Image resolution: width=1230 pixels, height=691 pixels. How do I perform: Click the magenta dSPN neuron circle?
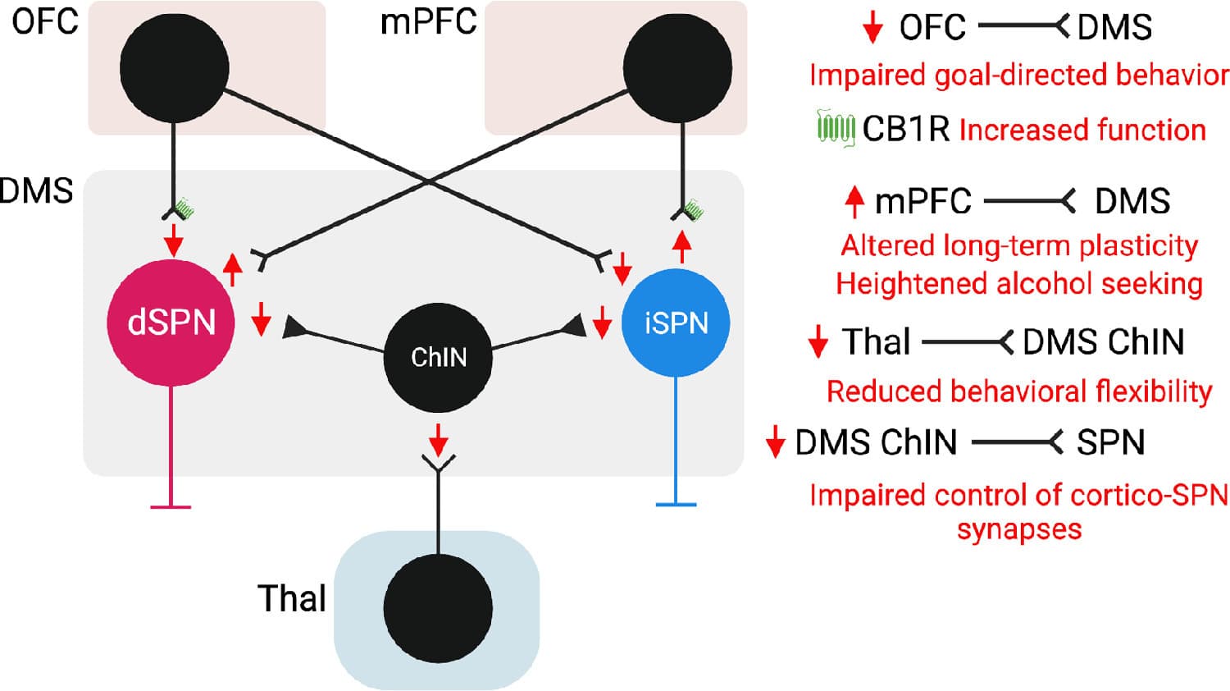(x=171, y=322)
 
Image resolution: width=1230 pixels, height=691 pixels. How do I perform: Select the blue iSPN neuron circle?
(x=676, y=323)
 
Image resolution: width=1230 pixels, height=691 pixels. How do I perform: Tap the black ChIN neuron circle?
(x=438, y=358)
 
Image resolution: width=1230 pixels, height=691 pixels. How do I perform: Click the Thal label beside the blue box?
(x=292, y=598)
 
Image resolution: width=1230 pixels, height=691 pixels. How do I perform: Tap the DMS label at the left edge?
(x=37, y=190)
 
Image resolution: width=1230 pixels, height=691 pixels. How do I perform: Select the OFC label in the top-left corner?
(x=45, y=21)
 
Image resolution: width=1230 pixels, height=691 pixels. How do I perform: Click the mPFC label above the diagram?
(x=428, y=21)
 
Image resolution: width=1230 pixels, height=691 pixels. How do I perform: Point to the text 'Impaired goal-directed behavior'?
(x=1018, y=75)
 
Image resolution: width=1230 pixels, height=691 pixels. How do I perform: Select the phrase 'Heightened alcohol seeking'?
(x=1018, y=284)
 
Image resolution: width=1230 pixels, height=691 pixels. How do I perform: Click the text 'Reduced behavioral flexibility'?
(x=1018, y=391)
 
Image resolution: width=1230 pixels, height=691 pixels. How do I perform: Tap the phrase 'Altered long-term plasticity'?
(x=1018, y=245)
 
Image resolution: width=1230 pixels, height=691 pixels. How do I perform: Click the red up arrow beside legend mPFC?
(x=854, y=201)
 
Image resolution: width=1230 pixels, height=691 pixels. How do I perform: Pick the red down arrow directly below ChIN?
(x=439, y=440)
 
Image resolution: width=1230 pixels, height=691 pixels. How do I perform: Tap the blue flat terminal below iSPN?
(x=676, y=503)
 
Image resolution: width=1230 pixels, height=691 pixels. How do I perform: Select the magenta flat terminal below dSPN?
(x=171, y=506)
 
